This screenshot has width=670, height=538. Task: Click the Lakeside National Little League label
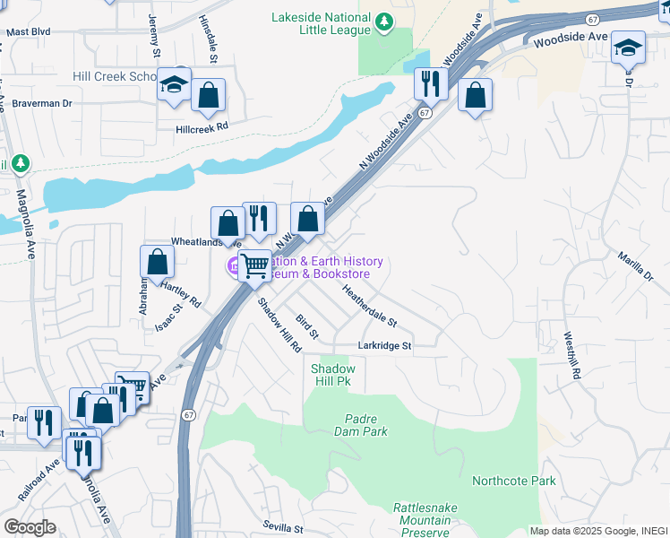pyautogui.click(x=322, y=23)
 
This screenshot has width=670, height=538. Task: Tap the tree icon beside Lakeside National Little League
pyautogui.click(x=384, y=20)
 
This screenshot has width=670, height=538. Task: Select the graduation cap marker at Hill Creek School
pyautogui.click(x=174, y=85)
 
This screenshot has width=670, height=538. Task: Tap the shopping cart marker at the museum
pyautogui.click(x=255, y=265)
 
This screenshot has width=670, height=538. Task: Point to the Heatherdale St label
pyautogui.click(x=370, y=305)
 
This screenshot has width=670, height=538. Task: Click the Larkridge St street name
pyautogui.click(x=384, y=345)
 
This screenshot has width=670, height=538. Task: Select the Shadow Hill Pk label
pyautogui.click(x=333, y=375)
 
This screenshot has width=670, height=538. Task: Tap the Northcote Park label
pyautogui.click(x=514, y=481)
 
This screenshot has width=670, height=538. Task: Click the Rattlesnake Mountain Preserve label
pyautogui.click(x=425, y=520)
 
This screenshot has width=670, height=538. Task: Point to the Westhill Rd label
pyautogui.click(x=572, y=355)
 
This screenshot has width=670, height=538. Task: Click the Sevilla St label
pyautogui.click(x=284, y=527)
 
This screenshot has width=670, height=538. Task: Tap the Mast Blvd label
pyautogui.click(x=28, y=31)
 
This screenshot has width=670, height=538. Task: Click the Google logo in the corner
pyautogui.click(x=29, y=526)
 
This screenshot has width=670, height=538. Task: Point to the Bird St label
pyautogui.click(x=307, y=326)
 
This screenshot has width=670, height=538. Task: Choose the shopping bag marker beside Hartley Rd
pyautogui.click(x=158, y=262)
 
